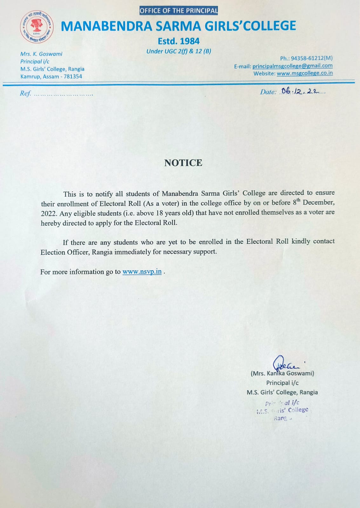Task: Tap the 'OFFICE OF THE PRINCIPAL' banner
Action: tap(179, 10)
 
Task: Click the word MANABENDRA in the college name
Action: tap(106, 26)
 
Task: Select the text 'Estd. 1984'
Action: tap(179, 41)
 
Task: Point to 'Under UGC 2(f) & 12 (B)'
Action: tap(179, 51)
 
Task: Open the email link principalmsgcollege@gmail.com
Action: tap(292, 66)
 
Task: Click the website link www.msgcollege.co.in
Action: tap(304, 73)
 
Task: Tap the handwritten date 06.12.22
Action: tap(300, 91)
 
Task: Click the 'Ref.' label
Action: tap(25, 93)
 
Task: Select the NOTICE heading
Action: tap(183, 163)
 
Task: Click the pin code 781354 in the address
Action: tap(73, 77)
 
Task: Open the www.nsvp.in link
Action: tap(142, 272)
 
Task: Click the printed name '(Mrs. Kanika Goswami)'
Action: tap(282, 373)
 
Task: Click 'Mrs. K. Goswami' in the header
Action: tap(41, 54)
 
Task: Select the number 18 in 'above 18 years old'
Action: tap(159, 213)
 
